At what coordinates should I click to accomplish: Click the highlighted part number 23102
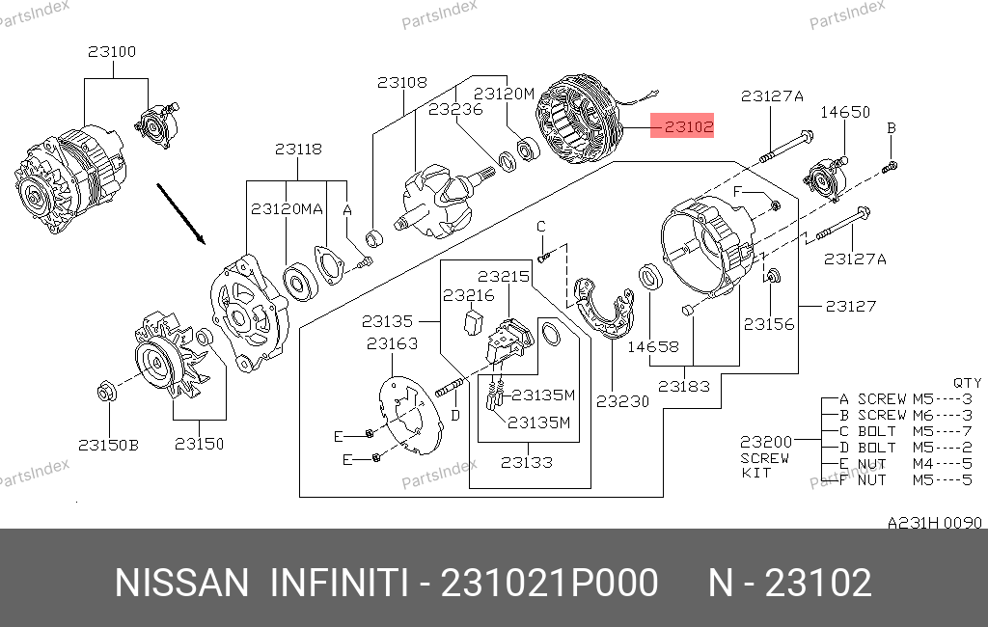[682, 125]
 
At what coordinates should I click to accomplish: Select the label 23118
[298, 150]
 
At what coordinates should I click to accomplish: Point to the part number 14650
[845, 112]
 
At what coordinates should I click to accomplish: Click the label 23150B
[108, 445]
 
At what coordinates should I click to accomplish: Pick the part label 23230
[622, 401]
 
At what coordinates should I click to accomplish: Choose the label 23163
[392, 342]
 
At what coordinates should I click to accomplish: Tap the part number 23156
[769, 324]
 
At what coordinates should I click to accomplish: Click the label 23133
[527, 462]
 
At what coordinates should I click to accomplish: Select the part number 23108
[401, 83]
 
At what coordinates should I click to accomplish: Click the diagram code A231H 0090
[934, 523]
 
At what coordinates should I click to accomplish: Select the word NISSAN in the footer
[181, 584]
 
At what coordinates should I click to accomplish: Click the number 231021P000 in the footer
[549, 584]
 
